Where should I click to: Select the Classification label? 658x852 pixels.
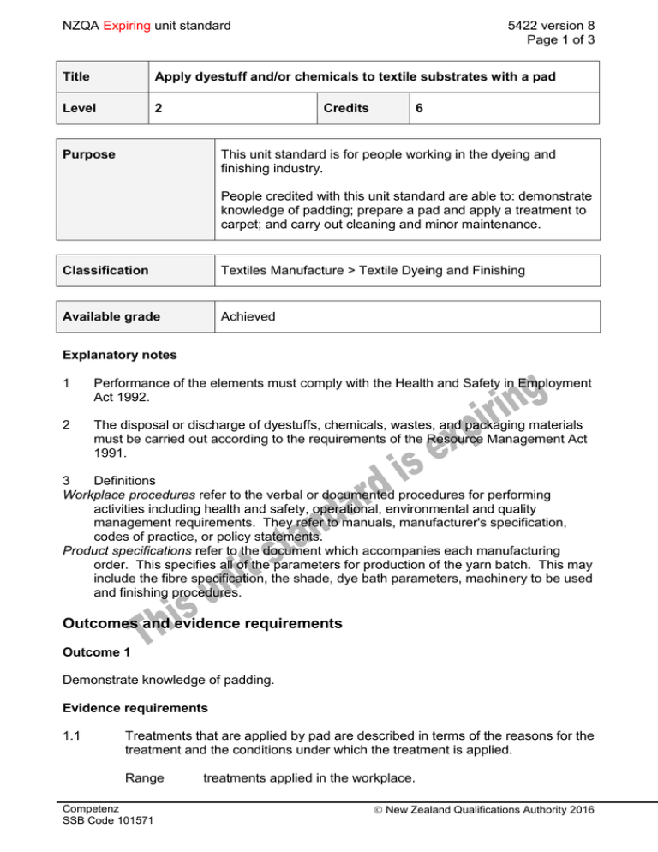pos(104,270)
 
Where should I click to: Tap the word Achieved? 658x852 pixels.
pos(248,316)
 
